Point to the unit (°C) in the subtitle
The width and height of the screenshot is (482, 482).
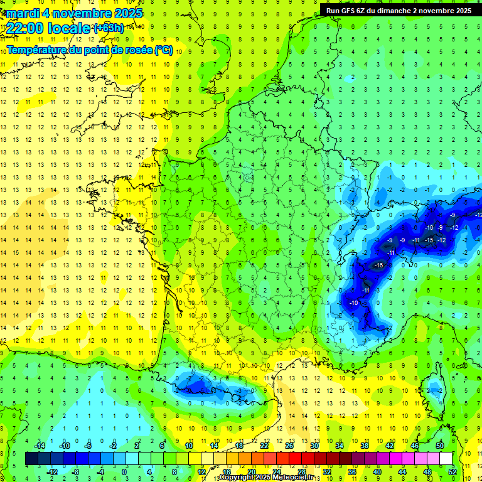click(163, 50)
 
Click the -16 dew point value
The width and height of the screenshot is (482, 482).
click(378, 266)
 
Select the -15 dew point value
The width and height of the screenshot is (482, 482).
click(429, 240)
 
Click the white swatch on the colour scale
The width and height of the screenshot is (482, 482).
click(446, 459)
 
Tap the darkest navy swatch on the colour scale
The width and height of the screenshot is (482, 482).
click(31, 459)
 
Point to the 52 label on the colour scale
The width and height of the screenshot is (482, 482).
click(453, 472)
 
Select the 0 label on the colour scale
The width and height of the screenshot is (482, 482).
click(124, 472)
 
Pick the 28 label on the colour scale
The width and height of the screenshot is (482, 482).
click(302, 472)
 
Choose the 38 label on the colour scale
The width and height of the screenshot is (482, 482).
click(364, 446)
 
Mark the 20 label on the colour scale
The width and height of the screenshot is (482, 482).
click(251, 472)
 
